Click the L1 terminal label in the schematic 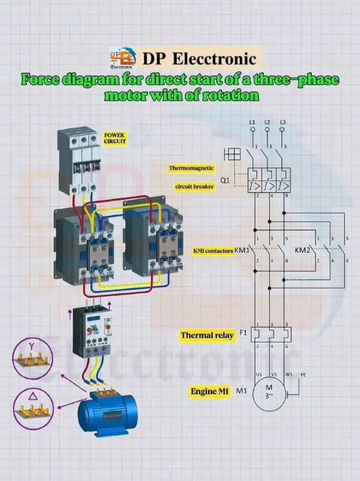tap(252, 123)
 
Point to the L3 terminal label tap(283, 123)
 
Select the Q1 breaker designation tap(225, 181)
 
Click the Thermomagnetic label tap(191, 168)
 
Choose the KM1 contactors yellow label tap(213, 251)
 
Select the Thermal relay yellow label tap(207, 335)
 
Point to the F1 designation tap(243, 332)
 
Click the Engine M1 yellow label tap(209, 392)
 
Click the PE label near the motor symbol tap(303, 374)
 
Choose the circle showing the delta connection tap(33, 409)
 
